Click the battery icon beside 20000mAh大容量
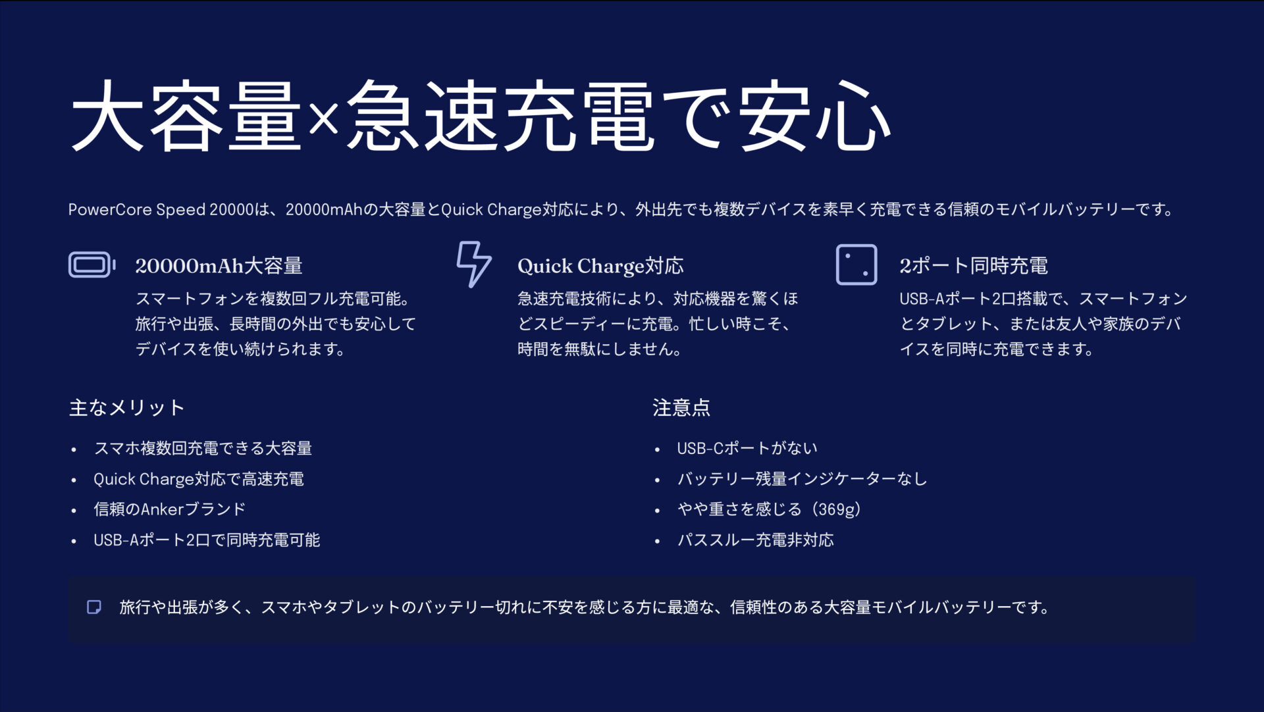point(92,265)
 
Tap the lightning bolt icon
point(473,264)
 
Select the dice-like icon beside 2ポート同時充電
point(856,265)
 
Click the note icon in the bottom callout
point(94,607)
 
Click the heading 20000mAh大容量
point(219,266)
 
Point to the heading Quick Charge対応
point(600,266)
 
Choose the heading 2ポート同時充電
point(974,266)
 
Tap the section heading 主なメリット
point(126,408)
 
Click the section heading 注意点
point(681,408)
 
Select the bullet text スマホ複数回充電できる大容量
point(203,449)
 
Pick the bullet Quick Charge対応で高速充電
point(199,479)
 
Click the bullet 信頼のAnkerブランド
point(170,509)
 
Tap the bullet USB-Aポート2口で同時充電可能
point(207,540)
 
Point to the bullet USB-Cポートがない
point(747,449)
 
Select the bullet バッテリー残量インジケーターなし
point(802,479)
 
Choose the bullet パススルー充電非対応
point(756,540)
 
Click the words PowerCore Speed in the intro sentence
point(137,210)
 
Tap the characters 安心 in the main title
point(814,117)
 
